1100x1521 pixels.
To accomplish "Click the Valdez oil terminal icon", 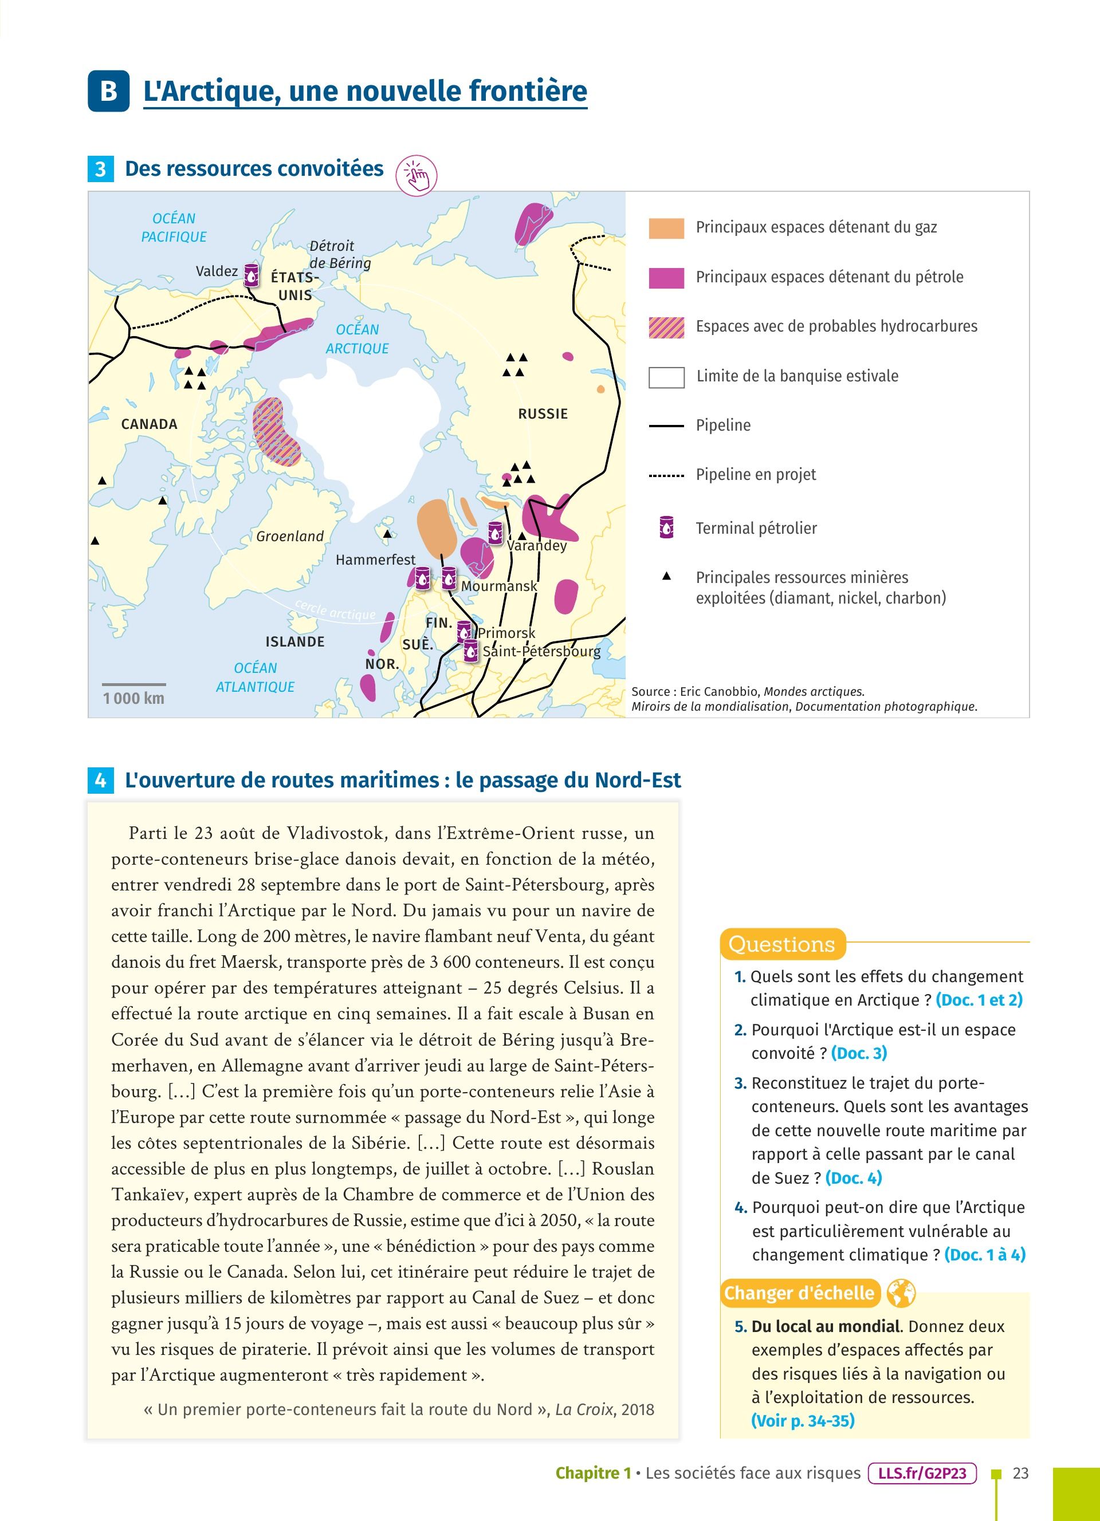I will [251, 275].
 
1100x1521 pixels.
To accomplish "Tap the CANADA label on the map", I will [149, 424].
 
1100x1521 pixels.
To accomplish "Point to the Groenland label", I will [290, 536].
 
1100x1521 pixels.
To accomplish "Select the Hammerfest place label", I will [375, 559].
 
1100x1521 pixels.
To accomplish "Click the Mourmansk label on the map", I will [498, 586].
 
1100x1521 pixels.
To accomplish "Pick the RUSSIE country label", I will [543, 414].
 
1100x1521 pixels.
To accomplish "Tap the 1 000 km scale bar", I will [133, 685].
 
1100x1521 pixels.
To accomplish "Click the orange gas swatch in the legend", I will [666, 228].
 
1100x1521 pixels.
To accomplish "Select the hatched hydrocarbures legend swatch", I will [666, 326].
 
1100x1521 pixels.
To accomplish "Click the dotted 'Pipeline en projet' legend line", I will [666, 475].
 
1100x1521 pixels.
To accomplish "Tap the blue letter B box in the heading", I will [108, 90].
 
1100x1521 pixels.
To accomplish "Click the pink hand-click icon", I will [417, 176].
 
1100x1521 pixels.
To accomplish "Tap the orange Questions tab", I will [782, 944].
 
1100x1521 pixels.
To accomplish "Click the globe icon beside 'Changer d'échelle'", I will [901, 1293].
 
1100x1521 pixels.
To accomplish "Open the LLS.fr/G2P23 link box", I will [922, 1473].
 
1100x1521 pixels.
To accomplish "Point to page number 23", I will [1020, 1473].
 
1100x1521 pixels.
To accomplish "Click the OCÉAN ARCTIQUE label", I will [357, 338].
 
